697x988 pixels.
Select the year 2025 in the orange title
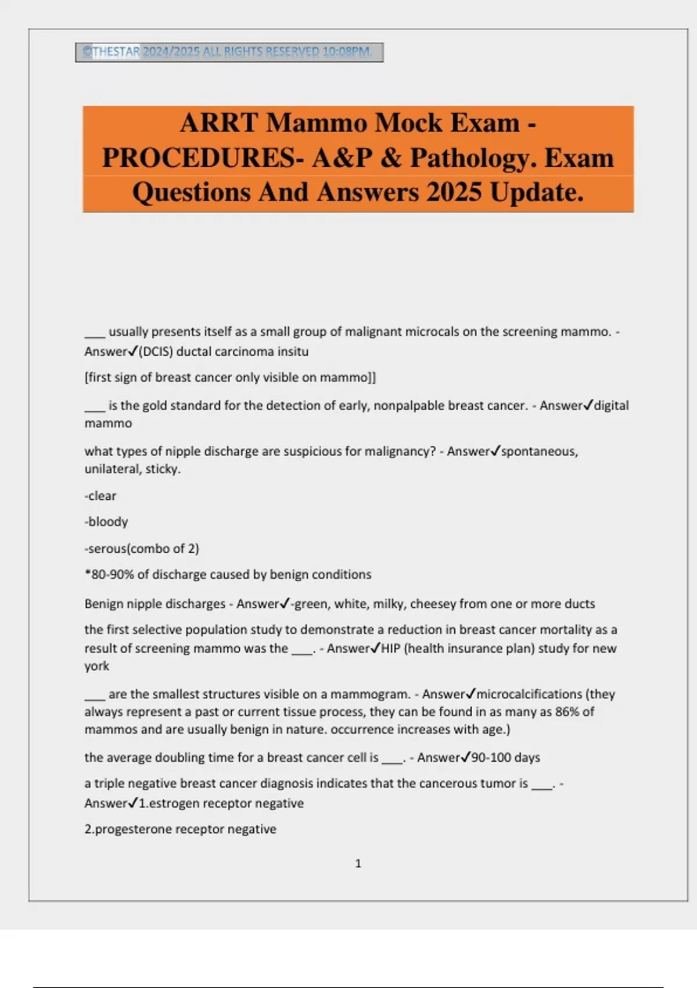[x=454, y=192]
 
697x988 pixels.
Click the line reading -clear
[x=100, y=496]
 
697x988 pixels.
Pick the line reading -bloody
[x=106, y=521]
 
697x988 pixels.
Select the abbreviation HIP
[x=391, y=649]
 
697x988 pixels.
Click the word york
[x=97, y=666]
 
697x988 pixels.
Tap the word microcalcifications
[x=529, y=694]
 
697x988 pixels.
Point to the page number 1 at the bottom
[x=358, y=864]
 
